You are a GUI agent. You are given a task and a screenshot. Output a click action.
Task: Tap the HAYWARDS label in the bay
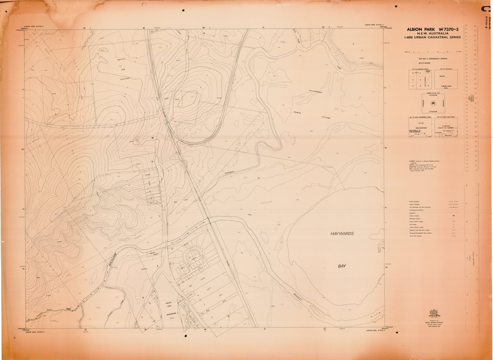point(342,233)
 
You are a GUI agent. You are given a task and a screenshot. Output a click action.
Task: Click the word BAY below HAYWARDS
point(342,266)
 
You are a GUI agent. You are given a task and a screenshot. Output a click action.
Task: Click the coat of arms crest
point(434,314)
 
